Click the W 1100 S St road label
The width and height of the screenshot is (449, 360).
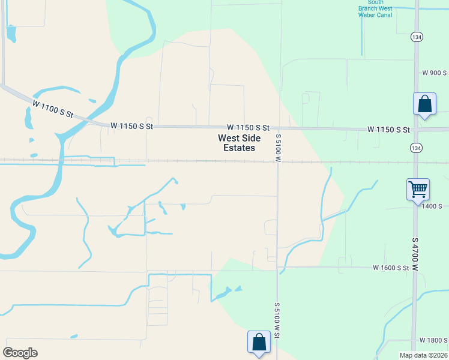(x=53, y=109)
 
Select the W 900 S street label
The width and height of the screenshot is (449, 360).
(x=435, y=73)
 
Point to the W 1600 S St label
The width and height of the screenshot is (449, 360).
(x=391, y=268)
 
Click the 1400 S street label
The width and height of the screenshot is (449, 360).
(x=432, y=206)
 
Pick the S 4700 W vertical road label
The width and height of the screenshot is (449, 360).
(x=415, y=252)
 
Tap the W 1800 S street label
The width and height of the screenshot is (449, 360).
(x=433, y=340)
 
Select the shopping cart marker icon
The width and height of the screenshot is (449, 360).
(x=417, y=190)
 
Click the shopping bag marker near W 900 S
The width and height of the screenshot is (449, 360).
(x=424, y=104)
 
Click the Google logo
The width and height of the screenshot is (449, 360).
(x=20, y=353)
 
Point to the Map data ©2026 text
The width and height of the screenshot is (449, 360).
(x=423, y=355)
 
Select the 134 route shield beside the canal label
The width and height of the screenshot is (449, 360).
(x=416, y=37)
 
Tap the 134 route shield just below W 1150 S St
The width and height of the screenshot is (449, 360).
(x=416, y=148)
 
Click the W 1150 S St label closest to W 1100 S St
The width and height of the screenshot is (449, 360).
(x=132, y=127)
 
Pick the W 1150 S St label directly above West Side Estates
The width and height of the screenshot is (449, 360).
(x=249, y=128)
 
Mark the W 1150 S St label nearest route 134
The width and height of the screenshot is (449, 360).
(x=388, y=130)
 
